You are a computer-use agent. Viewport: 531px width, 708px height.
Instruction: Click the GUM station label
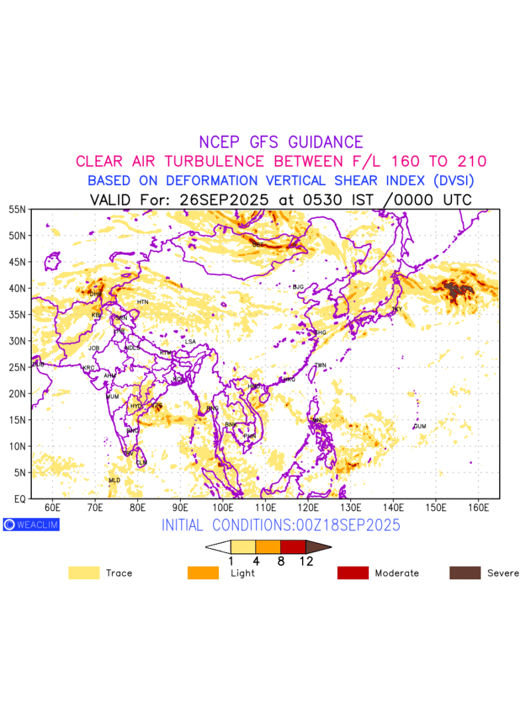420,426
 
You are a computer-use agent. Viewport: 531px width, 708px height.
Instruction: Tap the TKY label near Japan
397,309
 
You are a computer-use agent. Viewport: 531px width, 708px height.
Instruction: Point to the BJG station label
298,287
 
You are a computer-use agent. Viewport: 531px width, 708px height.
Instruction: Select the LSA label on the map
190,342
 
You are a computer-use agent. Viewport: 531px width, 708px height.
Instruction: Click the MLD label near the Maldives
114,480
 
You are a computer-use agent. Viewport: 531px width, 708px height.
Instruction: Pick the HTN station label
143,302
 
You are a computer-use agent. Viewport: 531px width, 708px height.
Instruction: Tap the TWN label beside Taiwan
321,366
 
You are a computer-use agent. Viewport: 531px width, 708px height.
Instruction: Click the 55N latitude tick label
17,210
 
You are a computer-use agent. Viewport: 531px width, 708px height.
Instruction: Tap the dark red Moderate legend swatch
353,573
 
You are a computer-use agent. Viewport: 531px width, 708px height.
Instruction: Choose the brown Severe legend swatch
465,573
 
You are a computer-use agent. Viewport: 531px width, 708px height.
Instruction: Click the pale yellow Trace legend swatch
84,573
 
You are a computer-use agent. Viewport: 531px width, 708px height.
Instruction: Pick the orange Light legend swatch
203,573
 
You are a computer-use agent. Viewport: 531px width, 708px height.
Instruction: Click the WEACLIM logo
31,524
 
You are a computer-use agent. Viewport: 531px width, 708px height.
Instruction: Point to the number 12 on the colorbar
306,561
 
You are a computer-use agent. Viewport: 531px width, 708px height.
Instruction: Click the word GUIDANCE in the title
325,142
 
